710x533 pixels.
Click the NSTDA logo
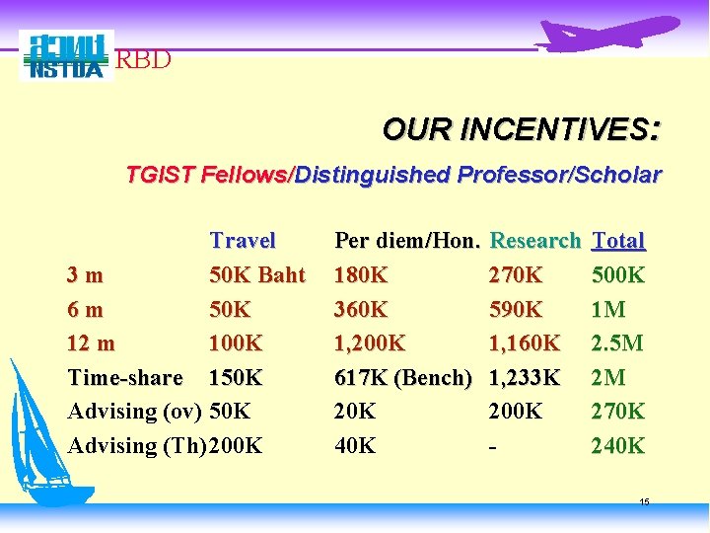point(66,55)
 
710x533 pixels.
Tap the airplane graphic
point(609,35)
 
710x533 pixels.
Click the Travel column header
point(243,240)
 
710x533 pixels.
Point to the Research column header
point(534,240)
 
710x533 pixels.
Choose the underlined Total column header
point(618,240)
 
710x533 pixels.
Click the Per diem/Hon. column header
point(407,240)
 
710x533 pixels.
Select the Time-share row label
point(125,377)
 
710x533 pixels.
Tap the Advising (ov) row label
point(136,411)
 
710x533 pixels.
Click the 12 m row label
point(91,343)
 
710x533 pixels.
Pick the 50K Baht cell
point(257,274)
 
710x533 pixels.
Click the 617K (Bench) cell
point(404,377)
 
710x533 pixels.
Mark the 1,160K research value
point(525,343)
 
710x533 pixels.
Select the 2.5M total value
point(617,343)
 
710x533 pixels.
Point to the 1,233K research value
point(525,377)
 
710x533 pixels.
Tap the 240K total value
point(618,445)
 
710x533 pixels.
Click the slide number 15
point(644,502)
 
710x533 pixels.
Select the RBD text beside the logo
point(144,60)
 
